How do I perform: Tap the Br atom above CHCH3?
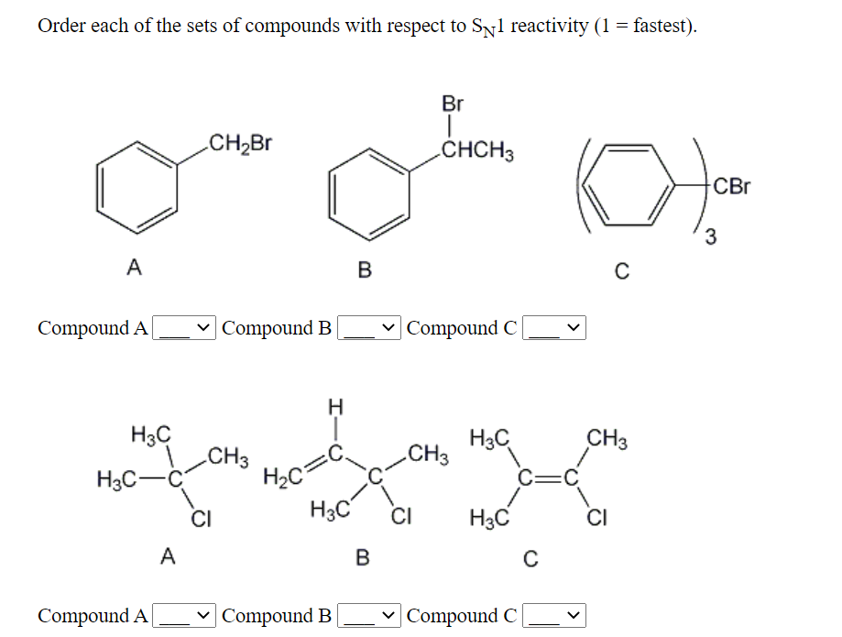tap(453, 104)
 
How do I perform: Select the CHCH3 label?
tap(476, 150)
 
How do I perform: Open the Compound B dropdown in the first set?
tap(369, 328)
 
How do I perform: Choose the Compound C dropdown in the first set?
tap(553, 328)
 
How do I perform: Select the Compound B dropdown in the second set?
tap(369, 616)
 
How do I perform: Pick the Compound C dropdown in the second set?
tap(553, 616)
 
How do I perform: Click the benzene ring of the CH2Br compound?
tap(137, 188)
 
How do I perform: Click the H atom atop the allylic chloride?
tap(335, 405)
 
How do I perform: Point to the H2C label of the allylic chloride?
tap(279, 477)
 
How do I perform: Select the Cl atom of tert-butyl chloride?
tap(200, 522)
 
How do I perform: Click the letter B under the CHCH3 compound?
tap(365, 270)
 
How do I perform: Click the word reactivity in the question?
tap(549, 26)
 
